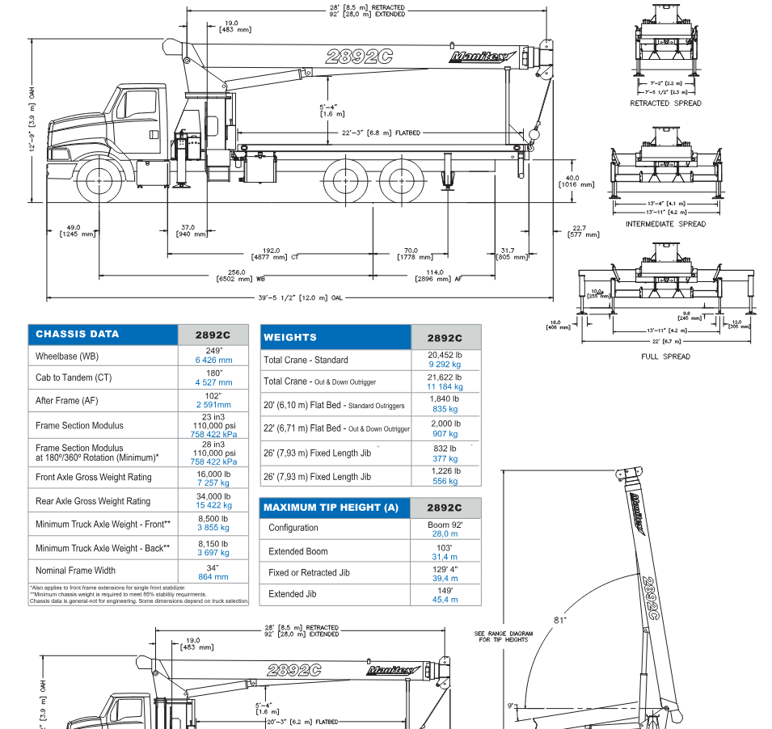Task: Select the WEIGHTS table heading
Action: tap(290, 337)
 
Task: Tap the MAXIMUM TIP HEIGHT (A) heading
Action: tap(331, 508)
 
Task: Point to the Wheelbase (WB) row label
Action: tap(67, 356)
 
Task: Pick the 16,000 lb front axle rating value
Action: tap(213, 477)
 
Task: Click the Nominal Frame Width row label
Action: tap(75, 571)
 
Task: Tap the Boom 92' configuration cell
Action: tap(445, 528)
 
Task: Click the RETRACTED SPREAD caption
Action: tap(665, 103)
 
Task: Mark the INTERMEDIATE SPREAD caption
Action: tap(665, 224)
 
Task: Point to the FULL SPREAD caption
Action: tap(665, 356)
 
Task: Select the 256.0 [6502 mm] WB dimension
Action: tap(230, 276)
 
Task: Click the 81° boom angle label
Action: tap(559, 620)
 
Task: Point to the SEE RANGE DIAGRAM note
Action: tap(501, 636)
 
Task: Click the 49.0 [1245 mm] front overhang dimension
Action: tap(74, 230)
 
